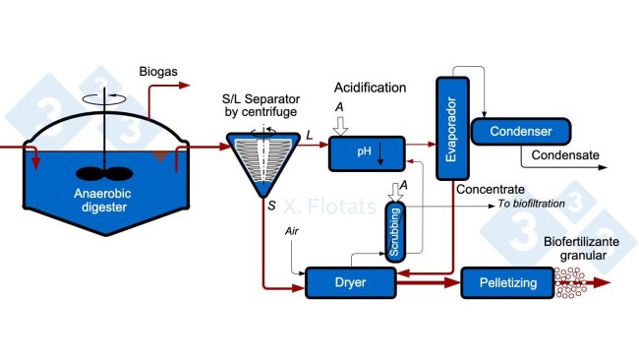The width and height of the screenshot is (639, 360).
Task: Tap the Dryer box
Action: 349,282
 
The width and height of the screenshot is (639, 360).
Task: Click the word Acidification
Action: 370,88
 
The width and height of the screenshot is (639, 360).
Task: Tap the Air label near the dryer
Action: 291,230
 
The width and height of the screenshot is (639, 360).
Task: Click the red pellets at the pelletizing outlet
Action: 571,283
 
